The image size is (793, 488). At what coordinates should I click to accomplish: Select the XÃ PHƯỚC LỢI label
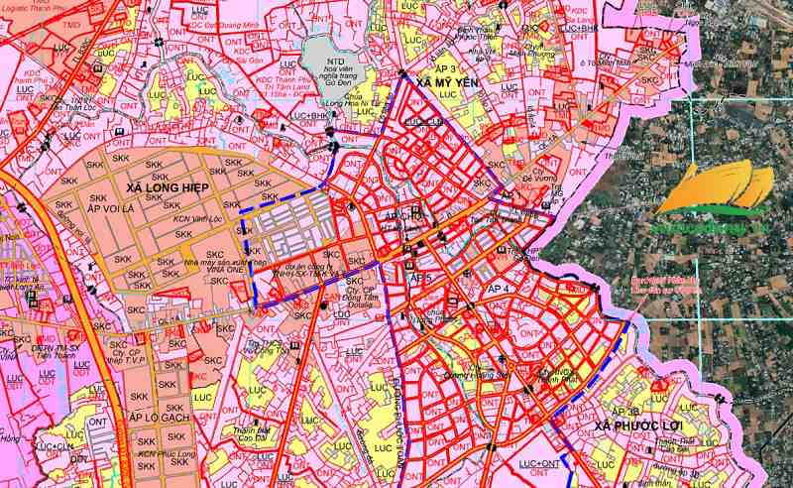tap(643, 427)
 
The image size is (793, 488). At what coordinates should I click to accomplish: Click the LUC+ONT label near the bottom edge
tap(539, 463)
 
